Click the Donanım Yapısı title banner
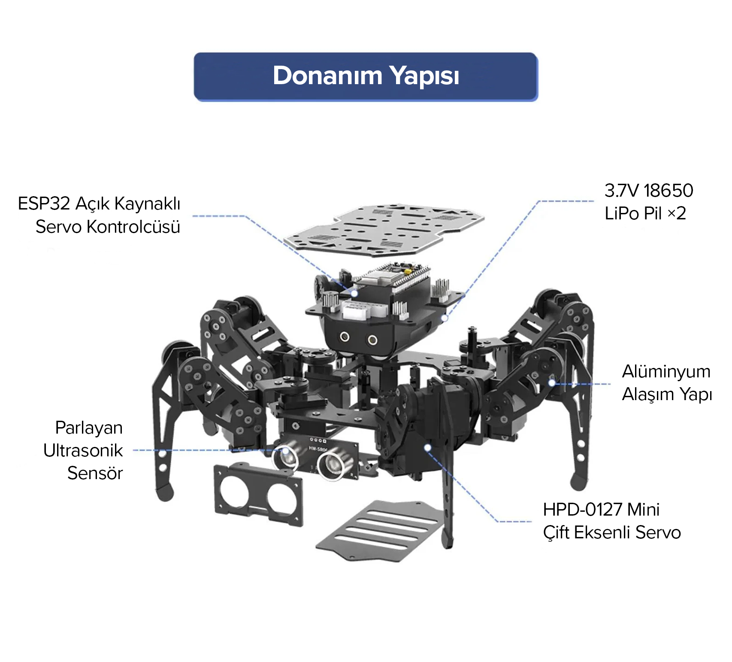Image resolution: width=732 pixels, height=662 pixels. click(x=366, y=77)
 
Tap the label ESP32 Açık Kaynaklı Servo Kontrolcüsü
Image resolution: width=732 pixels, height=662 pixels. click(x=99, y=215)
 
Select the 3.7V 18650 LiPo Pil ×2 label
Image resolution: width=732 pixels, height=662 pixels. click(x=648, y=202)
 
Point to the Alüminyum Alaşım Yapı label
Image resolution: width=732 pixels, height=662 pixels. click(x=667, y=383)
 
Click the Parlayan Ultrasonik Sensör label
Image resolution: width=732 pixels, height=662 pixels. click(x=83, y=450)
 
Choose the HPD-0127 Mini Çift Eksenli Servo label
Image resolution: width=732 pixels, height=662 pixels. click(x=612, y=521)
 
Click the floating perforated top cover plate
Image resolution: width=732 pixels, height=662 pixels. click(x=384, y=230)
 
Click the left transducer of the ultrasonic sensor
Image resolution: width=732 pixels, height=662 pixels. click(x=285, y=457)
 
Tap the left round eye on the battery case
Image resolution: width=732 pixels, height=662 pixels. click(x=345, y=337)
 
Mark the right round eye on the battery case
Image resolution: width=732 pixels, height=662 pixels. click(x=372, y=340)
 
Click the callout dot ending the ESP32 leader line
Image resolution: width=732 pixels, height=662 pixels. click(x=354, y=294)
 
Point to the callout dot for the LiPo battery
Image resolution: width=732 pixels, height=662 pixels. click(x=445, y=318)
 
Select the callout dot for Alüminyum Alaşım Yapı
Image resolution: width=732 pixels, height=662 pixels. click(x=552, y=383)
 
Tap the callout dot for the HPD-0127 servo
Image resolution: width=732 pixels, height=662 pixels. click(x=427, y=448)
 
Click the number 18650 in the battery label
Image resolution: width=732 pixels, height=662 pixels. click(x=668, y=191)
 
